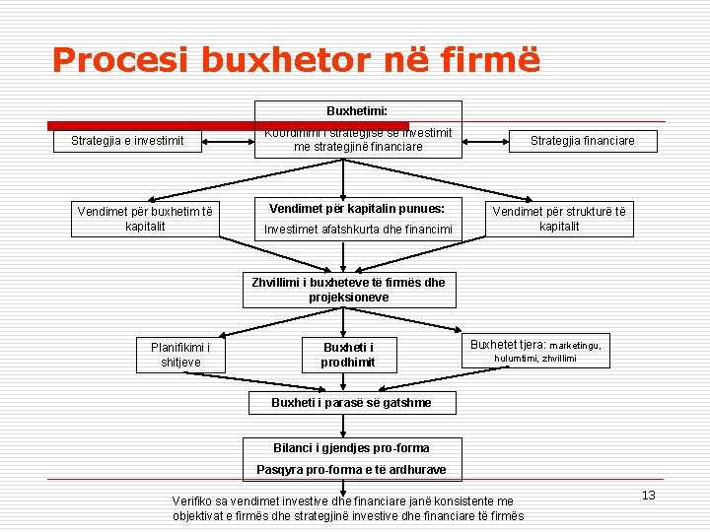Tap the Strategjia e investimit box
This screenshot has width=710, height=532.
point(127,141)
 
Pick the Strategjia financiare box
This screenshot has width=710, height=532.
point(582,141)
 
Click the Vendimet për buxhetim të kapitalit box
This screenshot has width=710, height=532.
point(145,219)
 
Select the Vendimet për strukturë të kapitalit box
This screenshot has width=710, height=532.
point(559,219)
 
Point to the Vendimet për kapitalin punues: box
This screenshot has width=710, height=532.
point(357,209)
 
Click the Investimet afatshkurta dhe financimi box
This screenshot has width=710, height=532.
point(357,230)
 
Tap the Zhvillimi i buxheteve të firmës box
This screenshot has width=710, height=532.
point(348,289)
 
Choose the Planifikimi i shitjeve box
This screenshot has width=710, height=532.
point(180,354)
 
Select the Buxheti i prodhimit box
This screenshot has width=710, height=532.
point(348,354)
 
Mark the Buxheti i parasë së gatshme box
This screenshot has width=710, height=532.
point(351,402)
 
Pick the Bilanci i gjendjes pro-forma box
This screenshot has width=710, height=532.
point(351,448)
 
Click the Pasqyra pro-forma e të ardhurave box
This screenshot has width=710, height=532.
point(351,469)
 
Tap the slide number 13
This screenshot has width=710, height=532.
point(648,495)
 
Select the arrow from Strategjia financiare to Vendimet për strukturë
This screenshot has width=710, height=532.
point(582,177)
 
